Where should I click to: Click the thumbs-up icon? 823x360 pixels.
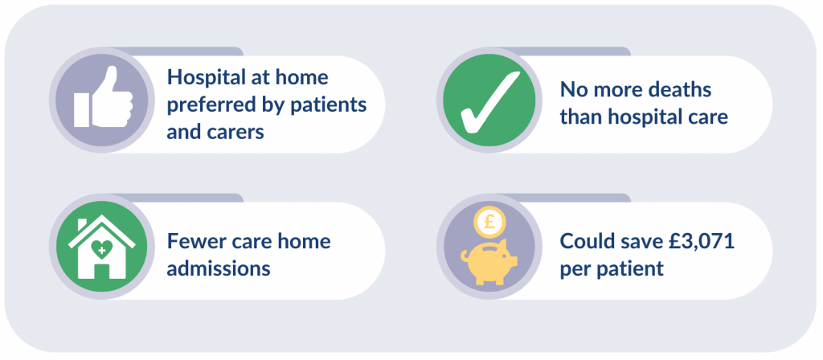pos(103,97)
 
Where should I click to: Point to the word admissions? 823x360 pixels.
pos(219,268)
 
